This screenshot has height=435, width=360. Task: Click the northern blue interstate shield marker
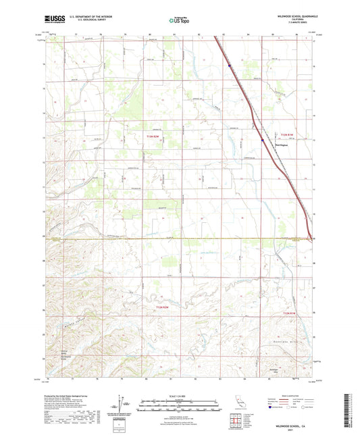(230, 66)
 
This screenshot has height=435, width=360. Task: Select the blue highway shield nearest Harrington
(263, 140)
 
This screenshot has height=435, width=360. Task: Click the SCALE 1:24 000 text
(179, 396)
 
